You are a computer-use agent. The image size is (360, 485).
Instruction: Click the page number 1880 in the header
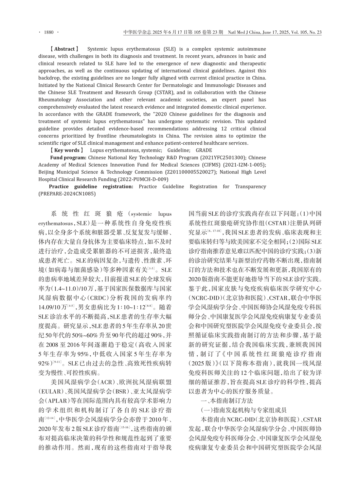[x=48, y=32]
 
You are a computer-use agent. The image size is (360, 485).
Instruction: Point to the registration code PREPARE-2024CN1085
[x=67, y=194]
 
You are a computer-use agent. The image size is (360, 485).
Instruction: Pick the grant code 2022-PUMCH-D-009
[x=147, y=179]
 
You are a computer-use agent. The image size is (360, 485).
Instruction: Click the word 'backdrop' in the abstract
[x=49, y=78]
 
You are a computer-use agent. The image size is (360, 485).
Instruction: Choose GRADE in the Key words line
[x=204, y=150]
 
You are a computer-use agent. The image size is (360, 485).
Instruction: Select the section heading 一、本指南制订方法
[x=226, y=401]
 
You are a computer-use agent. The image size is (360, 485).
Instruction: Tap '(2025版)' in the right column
[x=201, y=363]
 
